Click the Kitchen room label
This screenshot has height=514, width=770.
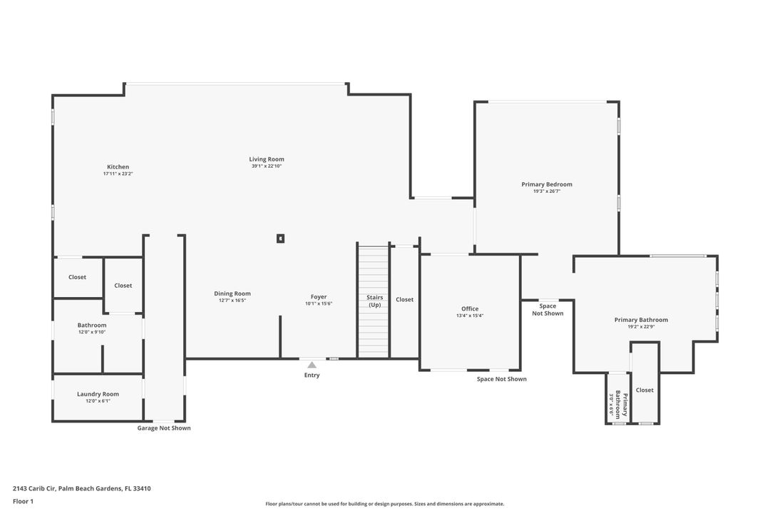(118, 167)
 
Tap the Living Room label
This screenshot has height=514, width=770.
(267, 159)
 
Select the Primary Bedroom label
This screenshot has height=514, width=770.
(547, 184)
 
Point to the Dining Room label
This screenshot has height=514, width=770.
(232, 293)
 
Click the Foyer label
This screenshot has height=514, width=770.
(319, 297)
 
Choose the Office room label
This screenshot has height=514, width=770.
(470, 308)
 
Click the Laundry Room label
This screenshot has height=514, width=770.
(98, 394)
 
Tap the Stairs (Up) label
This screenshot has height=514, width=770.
(374, 301)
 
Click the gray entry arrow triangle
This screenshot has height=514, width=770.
(312, 365)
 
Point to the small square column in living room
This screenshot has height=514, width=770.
(281, 238)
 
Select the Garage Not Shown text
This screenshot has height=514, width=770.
(164, 428)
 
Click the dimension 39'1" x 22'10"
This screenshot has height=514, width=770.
(267, 166)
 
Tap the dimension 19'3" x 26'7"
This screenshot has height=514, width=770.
(547, 191)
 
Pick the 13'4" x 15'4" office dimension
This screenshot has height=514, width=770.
(470, 316)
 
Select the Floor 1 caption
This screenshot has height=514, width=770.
(23, 501)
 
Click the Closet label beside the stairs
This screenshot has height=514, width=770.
(404, 300)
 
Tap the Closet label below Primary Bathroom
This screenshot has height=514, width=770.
(645, 390)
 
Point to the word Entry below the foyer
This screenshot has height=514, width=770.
(312, 376)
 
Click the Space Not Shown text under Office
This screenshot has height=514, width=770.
(502, 379)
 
